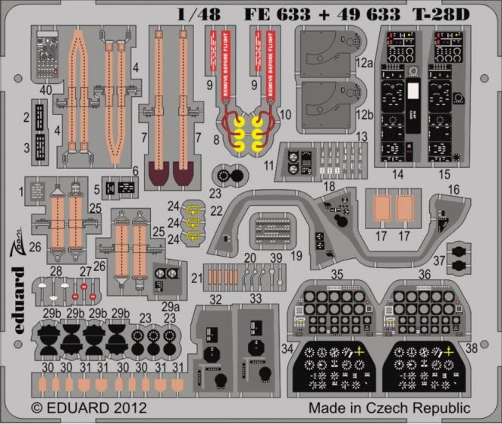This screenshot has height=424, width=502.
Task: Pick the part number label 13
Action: pos(362,137)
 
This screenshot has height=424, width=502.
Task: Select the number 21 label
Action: pos(196,278)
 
